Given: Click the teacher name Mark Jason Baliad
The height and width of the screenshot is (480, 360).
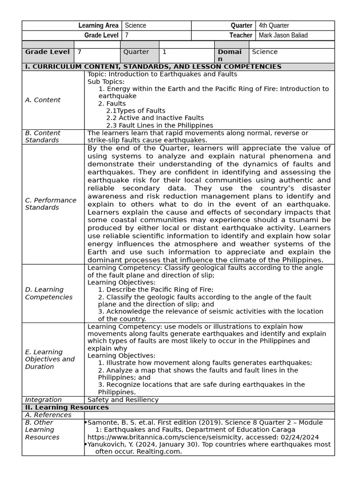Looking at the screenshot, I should pos(283,36).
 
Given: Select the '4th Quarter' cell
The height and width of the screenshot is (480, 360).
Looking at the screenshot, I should pos(274,25).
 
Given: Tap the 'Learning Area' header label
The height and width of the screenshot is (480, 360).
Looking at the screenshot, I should pos(98,25).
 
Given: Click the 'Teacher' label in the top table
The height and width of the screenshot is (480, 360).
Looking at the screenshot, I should pos(241,36).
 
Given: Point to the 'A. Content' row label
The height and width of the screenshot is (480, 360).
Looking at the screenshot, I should pos(43,100).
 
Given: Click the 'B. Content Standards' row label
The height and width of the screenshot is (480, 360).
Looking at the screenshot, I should pos(43,136).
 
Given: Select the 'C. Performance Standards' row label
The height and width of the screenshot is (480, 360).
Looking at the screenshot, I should pos(51,204).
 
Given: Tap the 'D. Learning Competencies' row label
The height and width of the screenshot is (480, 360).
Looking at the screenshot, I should pos(49,293).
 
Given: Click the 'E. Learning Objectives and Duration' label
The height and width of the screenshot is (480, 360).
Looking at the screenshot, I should pos(50,359).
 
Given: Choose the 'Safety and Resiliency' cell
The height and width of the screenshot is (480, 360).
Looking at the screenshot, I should pos(123,400).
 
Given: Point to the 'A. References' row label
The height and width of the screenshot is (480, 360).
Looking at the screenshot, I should pos(48,415).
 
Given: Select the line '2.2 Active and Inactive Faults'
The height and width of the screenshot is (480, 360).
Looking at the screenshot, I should pos(155,118).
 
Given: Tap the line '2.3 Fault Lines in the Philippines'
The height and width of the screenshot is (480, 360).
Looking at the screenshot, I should pos(159,125).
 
